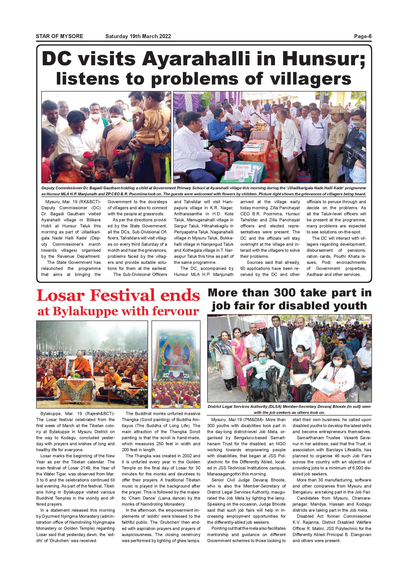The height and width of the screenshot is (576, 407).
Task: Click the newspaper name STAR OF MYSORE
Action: pos(59,36)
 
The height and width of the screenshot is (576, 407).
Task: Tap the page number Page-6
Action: pos(362,36)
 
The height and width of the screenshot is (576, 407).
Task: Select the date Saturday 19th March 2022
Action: pos(138,36)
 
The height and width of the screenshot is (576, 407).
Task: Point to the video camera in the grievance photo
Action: pos(356,148)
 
